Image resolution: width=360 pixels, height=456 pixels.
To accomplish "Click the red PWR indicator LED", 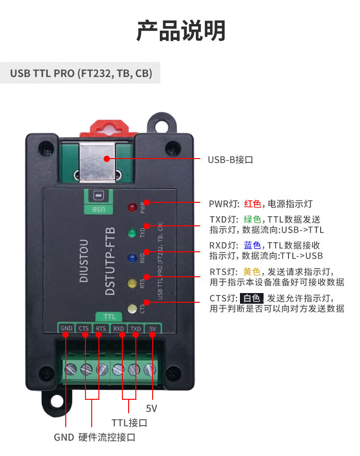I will [x=132, y=208].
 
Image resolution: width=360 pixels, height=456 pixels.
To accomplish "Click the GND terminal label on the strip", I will [x=66, y=329].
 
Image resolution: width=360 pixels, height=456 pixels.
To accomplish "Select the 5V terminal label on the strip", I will [x=153, y=329].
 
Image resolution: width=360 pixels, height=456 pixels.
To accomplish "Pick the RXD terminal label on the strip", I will [x=119, y=329].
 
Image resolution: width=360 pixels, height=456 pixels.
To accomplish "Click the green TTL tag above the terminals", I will [x=109, y=317].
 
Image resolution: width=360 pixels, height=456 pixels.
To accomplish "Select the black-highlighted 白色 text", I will [x=252, y=298].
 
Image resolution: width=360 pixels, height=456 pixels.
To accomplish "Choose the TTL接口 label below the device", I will [x=129, y=423].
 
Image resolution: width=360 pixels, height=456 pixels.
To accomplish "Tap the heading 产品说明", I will [x=180, y=31].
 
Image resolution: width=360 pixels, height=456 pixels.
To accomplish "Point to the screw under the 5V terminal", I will [x=150, y=370].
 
